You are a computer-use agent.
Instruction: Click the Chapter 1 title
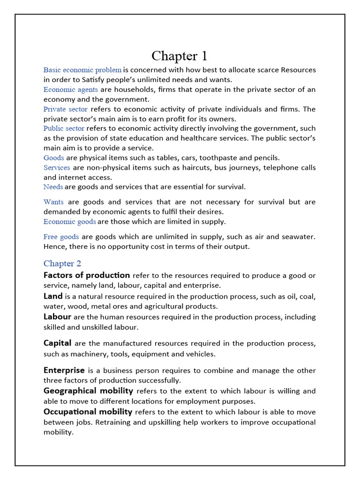pyautogui.click(x=180, y=56)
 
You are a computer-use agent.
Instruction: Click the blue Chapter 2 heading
pyautogui.click(x=62, y=263)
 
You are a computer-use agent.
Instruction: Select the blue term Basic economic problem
pyautogui.click(x=82, y=70)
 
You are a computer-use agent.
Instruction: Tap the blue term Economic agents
pyautogui.click(x=71, y=90)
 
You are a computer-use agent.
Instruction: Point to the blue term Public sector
pyautogui.click(x=64, y=128)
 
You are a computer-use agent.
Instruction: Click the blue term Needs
pyautogui.click(x=53, y=187)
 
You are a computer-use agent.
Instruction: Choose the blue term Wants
pyautogui.click(x=53, y=202)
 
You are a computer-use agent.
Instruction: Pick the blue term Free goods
pyautogui.click(x=61, y=237)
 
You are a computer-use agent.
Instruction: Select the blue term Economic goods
pyautogui.click(x=70, y=222)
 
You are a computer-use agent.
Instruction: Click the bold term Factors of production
pyautogui.click(x=87, y=275)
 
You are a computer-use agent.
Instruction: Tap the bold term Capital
pyautogui.click(x=58, y=343)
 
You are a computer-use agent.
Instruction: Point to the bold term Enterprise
pyautogui.click(x=64, y=370)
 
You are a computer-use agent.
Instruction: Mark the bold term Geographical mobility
pyautogui.click(x=89, y=391)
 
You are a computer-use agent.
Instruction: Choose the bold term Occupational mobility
pyautogui.click(x=88, y=412)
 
